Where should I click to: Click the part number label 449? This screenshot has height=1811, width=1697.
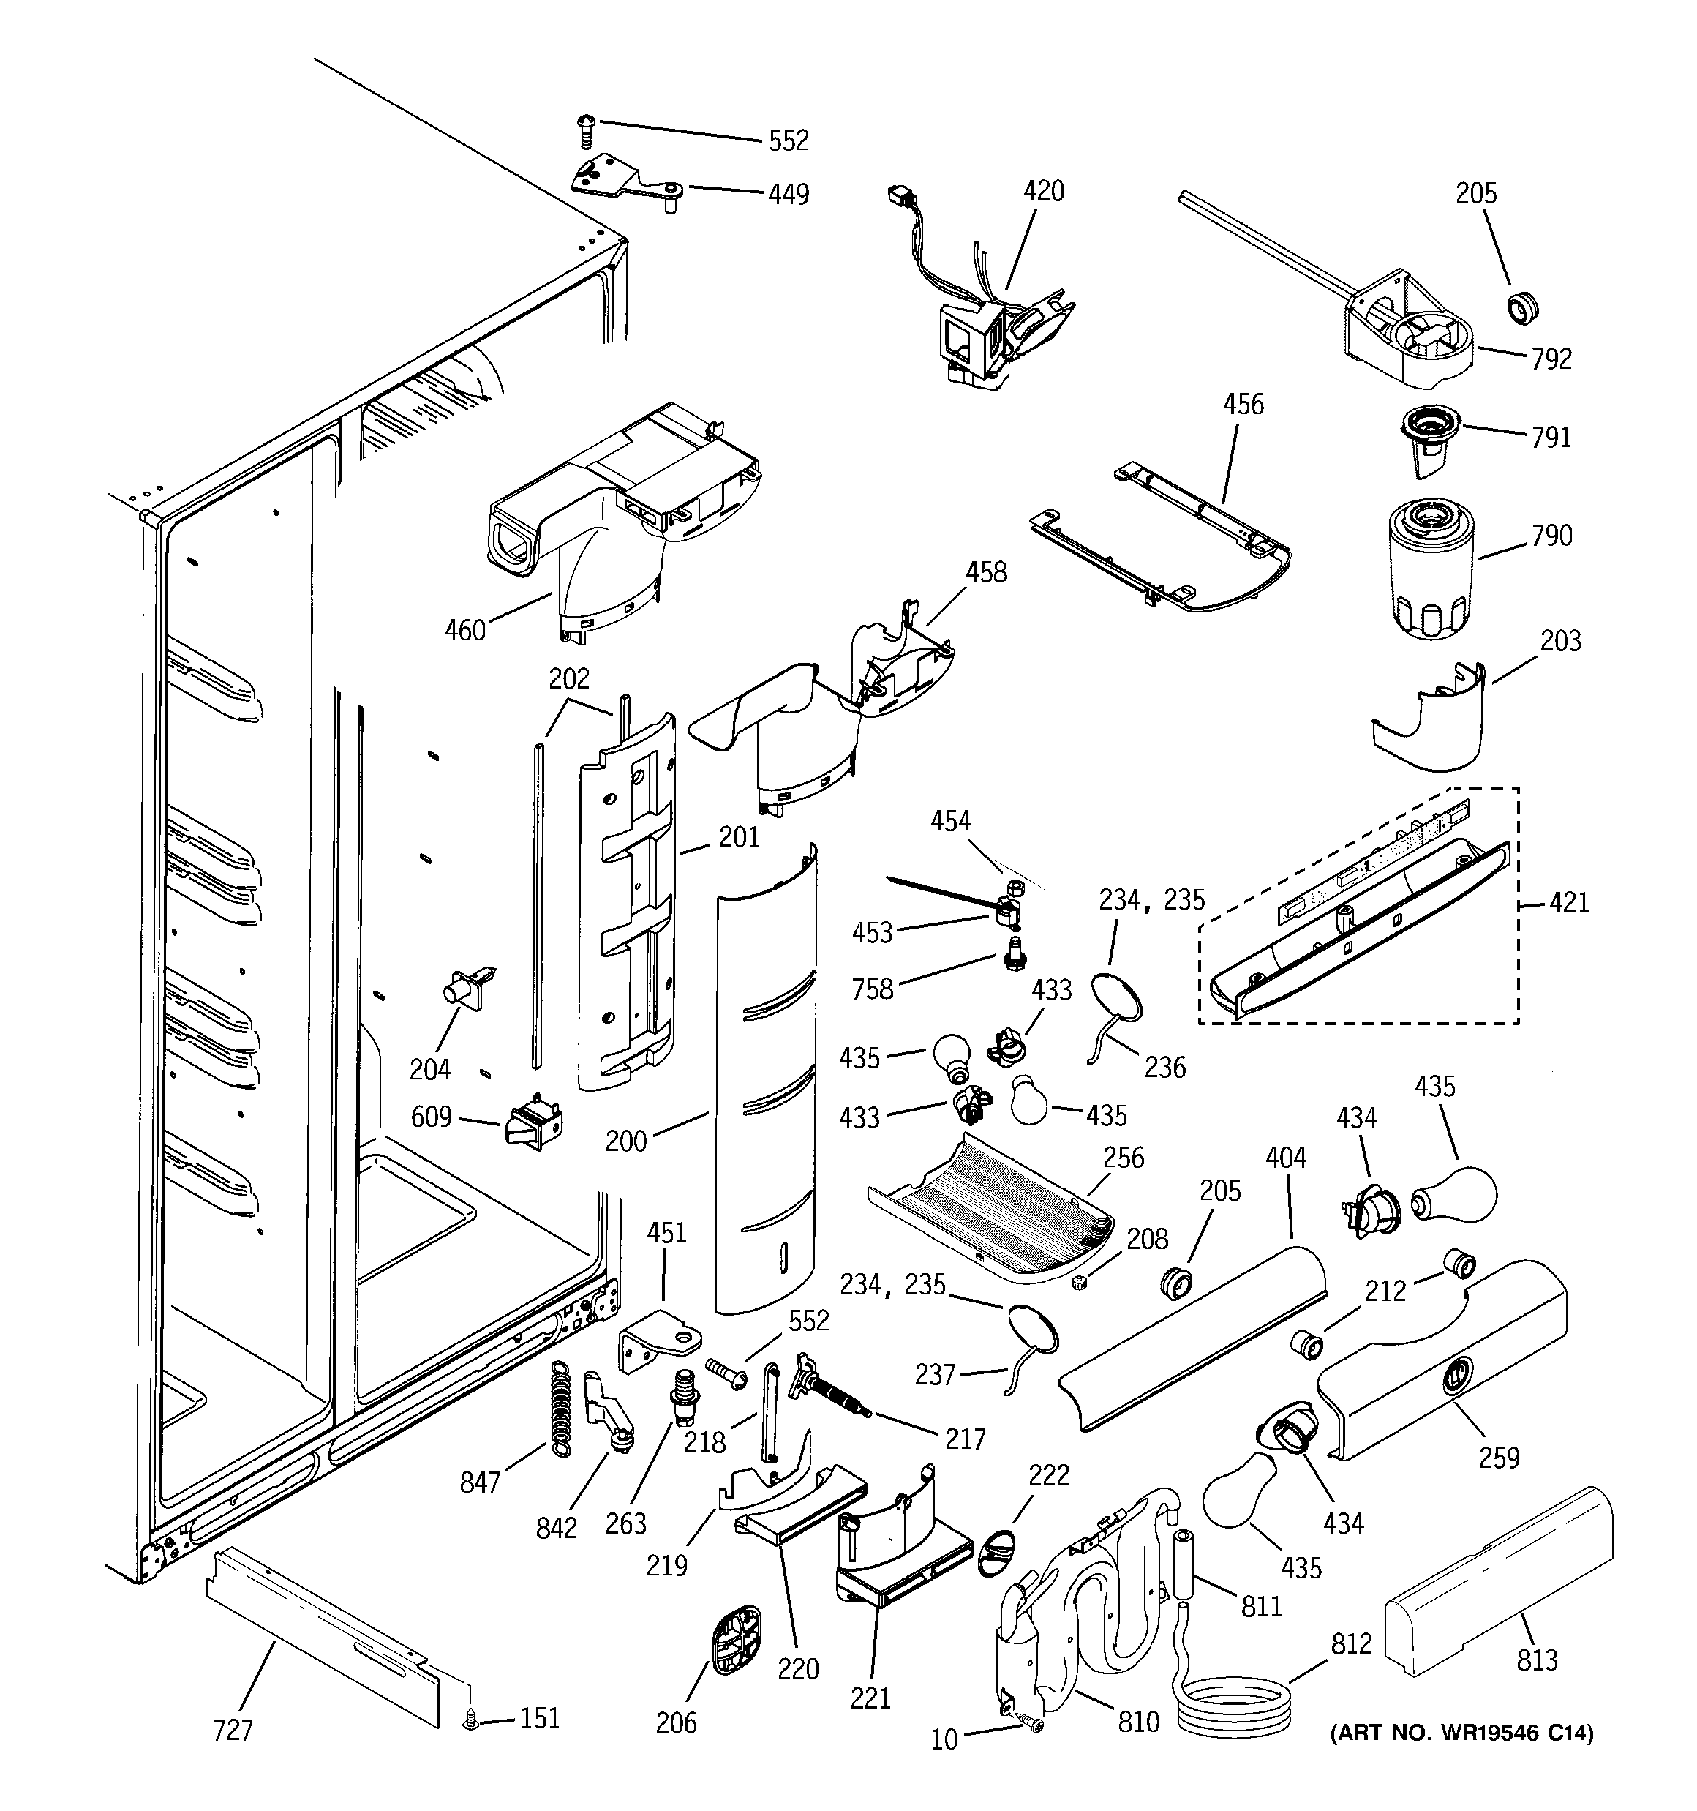[788, 194]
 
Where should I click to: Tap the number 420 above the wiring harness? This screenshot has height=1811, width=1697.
[1043, 190]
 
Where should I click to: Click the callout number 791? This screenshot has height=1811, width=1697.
[1551, 438]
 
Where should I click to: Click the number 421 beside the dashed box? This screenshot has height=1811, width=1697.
[1568, 903]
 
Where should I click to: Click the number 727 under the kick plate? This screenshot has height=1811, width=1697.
[233, 1729]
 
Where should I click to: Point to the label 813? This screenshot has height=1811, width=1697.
[1537, 1661]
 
